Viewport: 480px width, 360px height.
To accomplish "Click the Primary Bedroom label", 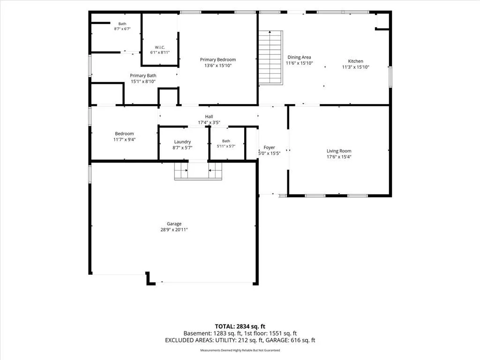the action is coord(217,60).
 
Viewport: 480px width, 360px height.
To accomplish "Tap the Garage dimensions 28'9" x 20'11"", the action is coord(174,230).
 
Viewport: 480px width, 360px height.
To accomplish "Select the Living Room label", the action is coord(339,151).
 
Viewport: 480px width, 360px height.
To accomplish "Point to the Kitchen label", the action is coord(355,61).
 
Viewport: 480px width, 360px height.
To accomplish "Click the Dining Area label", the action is coord(299,57).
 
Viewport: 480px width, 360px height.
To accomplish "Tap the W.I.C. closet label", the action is coord(160,47).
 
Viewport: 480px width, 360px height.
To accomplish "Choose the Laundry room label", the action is coord(182,142).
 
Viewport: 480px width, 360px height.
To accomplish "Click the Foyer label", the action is coord(269,148).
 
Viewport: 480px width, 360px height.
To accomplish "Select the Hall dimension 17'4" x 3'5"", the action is coord(209,122).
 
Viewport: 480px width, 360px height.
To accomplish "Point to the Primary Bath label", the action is coord(143,75).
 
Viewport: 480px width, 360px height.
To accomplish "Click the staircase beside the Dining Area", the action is coord(270,58).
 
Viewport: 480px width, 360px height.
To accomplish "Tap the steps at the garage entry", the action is coord(198,171).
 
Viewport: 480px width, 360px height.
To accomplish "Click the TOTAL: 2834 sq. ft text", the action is coord(240,326).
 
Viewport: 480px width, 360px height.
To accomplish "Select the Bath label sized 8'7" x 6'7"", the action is coord(122,24).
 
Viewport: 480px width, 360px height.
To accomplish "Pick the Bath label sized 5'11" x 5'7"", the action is coord(226,141).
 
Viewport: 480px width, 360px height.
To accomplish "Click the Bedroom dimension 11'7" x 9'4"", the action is coord(124,140).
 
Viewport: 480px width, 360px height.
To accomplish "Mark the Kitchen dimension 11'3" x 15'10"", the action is coord(356,67).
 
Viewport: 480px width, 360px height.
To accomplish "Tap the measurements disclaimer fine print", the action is coord(240,350).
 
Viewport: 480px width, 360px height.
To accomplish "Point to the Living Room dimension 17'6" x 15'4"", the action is coord(339,157).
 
